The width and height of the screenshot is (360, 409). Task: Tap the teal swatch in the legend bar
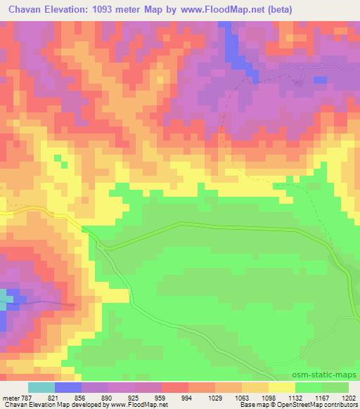41,387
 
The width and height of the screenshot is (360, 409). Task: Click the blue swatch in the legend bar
68,387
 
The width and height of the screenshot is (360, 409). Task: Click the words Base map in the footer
254,405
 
